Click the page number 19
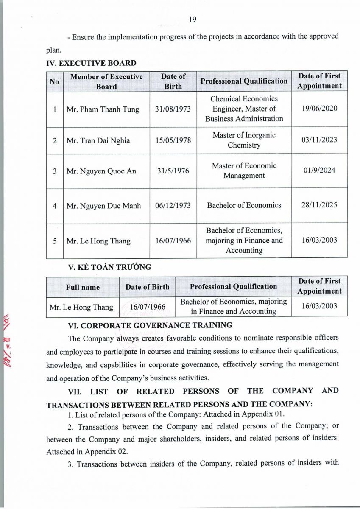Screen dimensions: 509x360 click(x=192, y=19)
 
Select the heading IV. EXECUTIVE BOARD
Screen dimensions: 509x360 click(x=91, y=63)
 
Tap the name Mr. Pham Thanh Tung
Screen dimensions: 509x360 click(x=103, y=109)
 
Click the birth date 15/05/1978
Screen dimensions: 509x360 click(x=173, y=140)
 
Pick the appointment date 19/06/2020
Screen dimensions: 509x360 click(x=319, y=109)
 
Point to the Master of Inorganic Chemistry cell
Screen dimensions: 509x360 click(x=244, y=140)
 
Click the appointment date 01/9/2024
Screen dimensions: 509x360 click(x=319, y=171)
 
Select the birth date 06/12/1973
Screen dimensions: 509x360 click(x=173, y=206)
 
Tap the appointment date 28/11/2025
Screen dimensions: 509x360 click(x=319, y=205)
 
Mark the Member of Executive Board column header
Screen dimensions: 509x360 click(x=106, y=81)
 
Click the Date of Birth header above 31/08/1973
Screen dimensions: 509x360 click(x=173, y=81)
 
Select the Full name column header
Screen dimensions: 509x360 click(x=83, y=287)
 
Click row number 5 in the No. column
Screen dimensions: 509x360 click(x=55, y=241)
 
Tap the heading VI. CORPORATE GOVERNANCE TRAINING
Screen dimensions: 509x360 click(x=150, y=325)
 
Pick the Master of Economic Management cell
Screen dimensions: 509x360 click(x=244, y=171)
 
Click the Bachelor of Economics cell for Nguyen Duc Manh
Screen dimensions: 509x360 click(x=244, y=205)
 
